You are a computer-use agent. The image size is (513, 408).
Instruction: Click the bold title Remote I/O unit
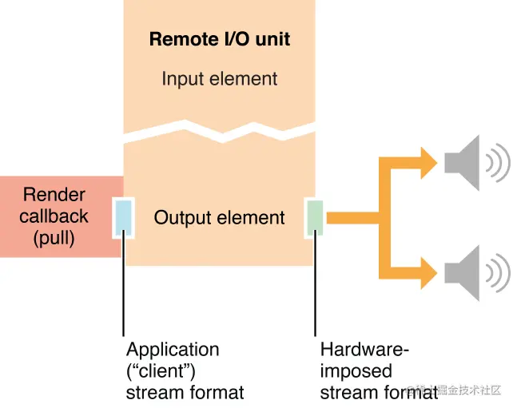coord(219,40)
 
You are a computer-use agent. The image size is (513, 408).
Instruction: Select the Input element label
coord(219,79)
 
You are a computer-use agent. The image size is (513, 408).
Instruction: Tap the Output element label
coord(219,217)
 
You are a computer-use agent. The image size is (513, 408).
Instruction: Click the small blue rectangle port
coord(124,216)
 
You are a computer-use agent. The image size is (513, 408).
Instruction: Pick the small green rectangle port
coord(315,216)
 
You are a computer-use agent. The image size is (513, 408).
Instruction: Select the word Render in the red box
coord(54,195)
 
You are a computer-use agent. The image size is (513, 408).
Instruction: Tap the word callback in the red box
coord(54,216)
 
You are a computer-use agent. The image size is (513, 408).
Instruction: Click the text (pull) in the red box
coord(54,237)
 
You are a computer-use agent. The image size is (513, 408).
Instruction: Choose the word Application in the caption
coord(172,350)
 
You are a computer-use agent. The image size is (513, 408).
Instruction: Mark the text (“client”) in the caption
coord(162,370)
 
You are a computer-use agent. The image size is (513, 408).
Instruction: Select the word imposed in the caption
coord(356,370)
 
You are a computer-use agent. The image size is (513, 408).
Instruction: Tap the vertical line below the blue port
coord(124,287)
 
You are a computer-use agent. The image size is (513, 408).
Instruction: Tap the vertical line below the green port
coord(315,287)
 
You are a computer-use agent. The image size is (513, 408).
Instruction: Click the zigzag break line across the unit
coord(219,133)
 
